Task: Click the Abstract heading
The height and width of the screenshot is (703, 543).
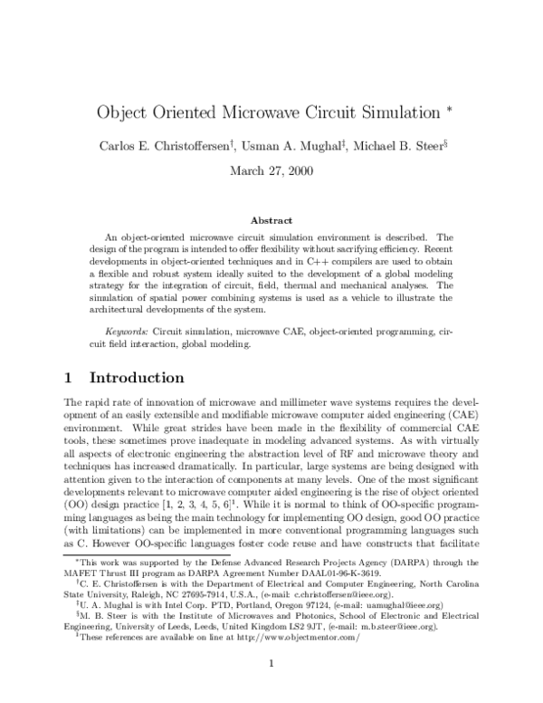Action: [x=271, y=220]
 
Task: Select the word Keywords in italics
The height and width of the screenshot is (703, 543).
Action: [x=128, y=332]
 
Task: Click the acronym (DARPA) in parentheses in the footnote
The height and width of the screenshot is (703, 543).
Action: [x=402, y=563]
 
